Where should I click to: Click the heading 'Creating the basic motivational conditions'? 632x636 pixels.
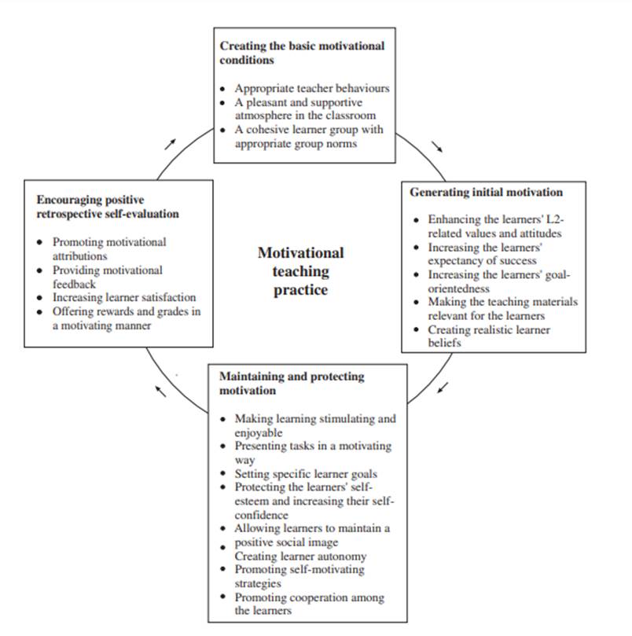(x=302, y=53)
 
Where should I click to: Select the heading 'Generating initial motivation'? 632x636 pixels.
(x=486, y=192)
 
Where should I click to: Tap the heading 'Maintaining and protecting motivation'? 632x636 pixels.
(x=292, y=383)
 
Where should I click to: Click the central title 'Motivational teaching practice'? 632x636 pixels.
(x=300, y=271)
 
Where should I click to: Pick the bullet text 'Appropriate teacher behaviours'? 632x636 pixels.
(x=311, y=88)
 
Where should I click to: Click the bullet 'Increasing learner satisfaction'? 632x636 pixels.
(x=124, y=297)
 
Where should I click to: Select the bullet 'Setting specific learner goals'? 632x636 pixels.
(x=306, y=474)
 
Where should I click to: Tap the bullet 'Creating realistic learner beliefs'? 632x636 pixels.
(x=489, y=336)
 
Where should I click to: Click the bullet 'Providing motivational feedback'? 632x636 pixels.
(x=108, y=277)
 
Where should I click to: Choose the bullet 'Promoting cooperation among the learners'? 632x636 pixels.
(x=310, y=604)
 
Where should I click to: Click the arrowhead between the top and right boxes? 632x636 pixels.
(x=438, y=147)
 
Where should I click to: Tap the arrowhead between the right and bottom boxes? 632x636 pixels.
(x=443, y=388)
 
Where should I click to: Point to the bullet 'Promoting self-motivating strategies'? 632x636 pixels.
(x=299, y=576)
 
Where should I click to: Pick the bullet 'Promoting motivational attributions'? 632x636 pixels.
(x=109, y=249)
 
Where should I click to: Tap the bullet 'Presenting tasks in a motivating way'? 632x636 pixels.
(x=312, y=453)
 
